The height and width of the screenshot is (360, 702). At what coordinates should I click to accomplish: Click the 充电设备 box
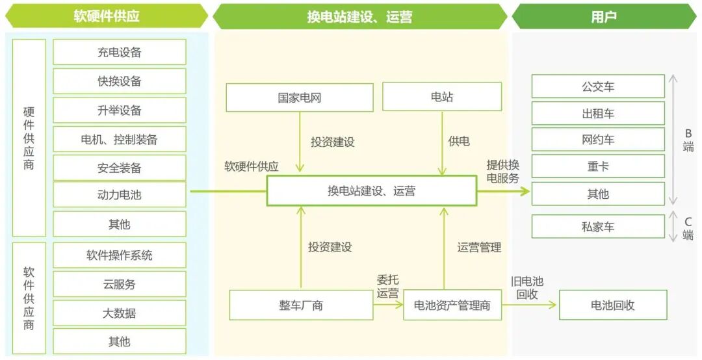tap(120, 52)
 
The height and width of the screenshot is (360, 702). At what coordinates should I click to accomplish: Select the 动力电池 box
tap(120, 194)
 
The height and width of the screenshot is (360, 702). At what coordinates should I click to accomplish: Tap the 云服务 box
tap(120, 284)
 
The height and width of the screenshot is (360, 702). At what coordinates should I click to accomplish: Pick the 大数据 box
tap(120, 313)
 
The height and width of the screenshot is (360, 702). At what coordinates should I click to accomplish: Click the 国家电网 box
tap(300, 97)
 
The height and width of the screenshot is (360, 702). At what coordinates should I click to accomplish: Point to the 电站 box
tap(442, 97)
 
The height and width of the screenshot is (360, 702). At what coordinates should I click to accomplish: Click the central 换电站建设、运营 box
tap(371, 191)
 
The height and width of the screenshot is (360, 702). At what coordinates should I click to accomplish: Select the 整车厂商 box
tap(301, 305)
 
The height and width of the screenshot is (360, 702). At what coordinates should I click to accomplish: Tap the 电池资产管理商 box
tap(452, 305)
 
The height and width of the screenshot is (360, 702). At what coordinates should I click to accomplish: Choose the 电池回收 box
tap(612, 305)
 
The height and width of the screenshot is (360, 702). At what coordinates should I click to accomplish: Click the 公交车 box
tap(598, 86)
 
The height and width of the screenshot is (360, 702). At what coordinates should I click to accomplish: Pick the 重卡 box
tap(598, 166)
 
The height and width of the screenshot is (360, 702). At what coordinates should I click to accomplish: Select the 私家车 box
tap(598, 227)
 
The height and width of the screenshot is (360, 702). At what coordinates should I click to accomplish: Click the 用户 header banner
tap(603, 16)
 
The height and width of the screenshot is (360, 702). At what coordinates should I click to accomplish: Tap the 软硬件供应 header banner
tap(107, 16)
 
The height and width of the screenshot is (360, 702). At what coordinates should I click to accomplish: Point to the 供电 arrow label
tap(459, 141)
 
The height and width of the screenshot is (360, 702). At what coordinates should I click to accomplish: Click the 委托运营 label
tap(388, 287)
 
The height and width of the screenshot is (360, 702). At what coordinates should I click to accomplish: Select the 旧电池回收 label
tap(527, 288)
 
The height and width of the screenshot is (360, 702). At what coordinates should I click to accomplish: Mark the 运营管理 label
tap(479, 247)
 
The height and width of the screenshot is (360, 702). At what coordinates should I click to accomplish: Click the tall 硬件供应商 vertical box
tap(29, 138)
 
